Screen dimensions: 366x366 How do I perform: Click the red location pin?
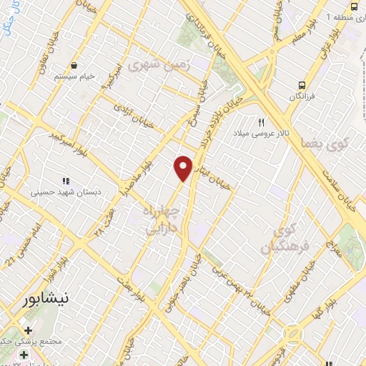[x=184, y=168]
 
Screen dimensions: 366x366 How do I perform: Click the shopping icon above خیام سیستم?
[x=74, y=66]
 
